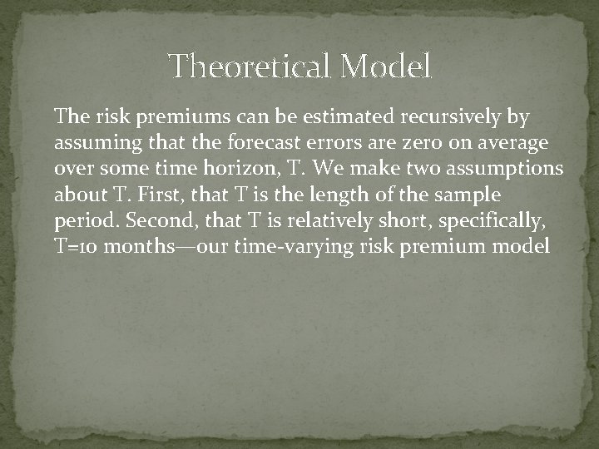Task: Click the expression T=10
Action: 77,246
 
